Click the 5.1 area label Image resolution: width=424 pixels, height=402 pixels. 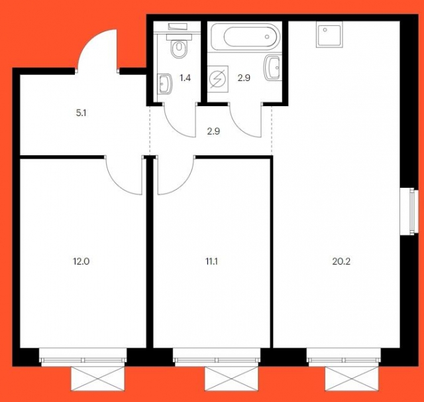(x=81, y=113)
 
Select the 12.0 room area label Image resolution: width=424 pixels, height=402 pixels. (x=81, y=261)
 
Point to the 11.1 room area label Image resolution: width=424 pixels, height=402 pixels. (x=213, y=261)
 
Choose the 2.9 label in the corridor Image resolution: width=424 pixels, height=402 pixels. (x=213, y=131)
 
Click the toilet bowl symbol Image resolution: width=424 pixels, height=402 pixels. (x=178, y=48)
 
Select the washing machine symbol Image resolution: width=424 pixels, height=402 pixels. (x=218, y=80)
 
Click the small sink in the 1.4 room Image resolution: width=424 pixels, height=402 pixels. (x=166, y=84)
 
